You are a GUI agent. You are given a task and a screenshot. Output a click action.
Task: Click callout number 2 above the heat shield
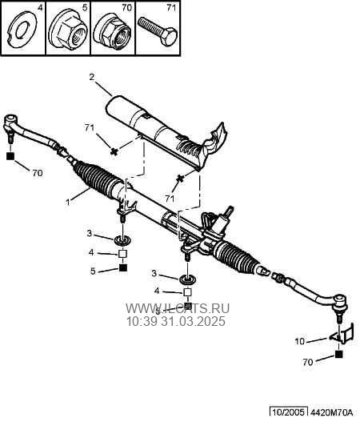pyautogui.click(x=91, y=78)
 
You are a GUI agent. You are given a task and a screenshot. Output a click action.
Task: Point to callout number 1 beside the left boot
pyautogui.click(x=68, y=202)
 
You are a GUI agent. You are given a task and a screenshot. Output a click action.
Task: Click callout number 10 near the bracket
pyautogui.click(x=300, y=341)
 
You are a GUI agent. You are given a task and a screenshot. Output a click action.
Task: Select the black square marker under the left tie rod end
pyautogui.click(x=10, y=156)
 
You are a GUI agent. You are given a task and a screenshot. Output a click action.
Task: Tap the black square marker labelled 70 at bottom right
pyautogui.click(x=338, y=354)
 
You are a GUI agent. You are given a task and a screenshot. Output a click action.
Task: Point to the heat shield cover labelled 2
pyautogui.click(x=166, y=133)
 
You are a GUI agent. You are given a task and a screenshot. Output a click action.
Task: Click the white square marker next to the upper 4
pyautogui.click(x=122, y=254)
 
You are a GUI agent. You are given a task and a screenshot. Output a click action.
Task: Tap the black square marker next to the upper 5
pyautogui.click(x=123, y=268)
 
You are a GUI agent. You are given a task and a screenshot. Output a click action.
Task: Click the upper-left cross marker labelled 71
pyautogui.click(x=114, y=151)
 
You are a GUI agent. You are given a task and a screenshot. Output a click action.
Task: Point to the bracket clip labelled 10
pyautogui.click(x=342, y=334)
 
